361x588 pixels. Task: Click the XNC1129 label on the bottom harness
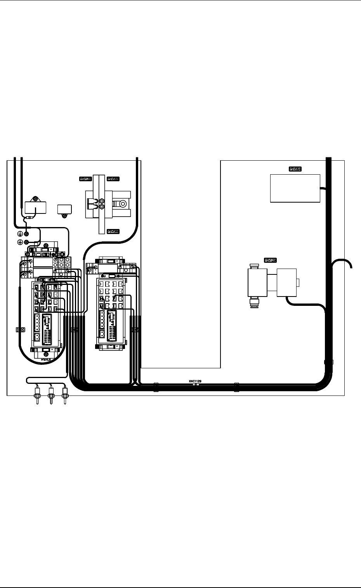(195, 382)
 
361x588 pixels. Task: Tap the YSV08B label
(113, 179)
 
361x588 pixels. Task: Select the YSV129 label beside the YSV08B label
(85, 179)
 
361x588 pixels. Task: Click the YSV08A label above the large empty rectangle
(295, 169)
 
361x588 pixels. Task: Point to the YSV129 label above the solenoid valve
(270, 260)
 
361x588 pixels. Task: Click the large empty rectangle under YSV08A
(295, 188)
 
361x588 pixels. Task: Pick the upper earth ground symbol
(20, 234)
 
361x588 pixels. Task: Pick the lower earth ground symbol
(20, 242)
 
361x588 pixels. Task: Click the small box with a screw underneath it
(64, 209)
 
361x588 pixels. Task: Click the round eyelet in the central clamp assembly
(123, 203)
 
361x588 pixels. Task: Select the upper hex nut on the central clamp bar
(102, 201)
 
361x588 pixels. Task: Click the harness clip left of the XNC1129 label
(156, 387)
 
